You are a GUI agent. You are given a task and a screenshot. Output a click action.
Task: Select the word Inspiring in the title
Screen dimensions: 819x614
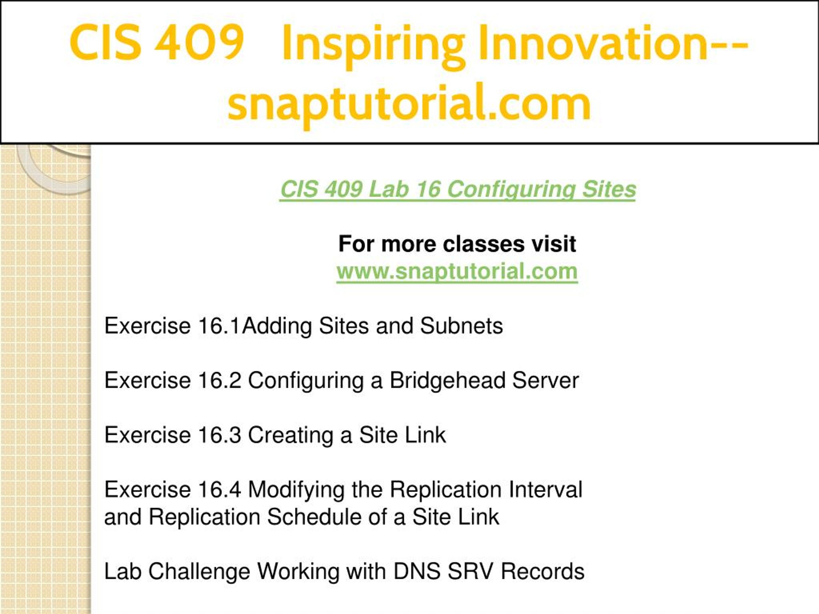tap(373, 46)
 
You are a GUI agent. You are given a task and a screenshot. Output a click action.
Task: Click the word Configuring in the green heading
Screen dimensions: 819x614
tap(511, 190)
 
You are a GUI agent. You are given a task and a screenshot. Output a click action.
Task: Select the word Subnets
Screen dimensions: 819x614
tap(461, 326)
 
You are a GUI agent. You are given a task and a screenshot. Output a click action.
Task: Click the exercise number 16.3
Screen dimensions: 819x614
tap(219, 435)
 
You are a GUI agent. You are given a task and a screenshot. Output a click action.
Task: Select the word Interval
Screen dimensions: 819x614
tap(545, 489)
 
